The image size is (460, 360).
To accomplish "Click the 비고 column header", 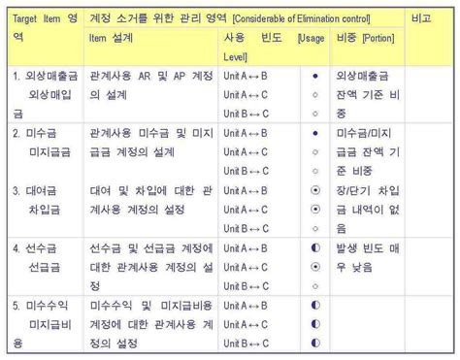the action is click(x=421, y=18).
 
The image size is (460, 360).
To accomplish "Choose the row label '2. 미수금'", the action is click(x=37, y=133).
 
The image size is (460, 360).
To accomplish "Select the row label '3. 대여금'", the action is click(x=37, y=190).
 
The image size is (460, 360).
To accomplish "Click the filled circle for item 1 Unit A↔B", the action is click(x=315, y=75).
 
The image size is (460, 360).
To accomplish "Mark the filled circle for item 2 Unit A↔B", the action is click(x=315, y=133).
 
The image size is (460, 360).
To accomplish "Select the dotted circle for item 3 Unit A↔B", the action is click(x=315, y=190).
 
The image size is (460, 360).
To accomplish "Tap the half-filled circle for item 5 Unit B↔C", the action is click(x=315, y=343).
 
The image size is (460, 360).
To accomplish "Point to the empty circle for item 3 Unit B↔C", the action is click(x=315, y=228).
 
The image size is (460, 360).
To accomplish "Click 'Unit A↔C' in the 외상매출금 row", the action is click(x=246, y=94).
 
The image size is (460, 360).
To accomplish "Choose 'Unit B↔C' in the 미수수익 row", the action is click(x=246, y=343).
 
